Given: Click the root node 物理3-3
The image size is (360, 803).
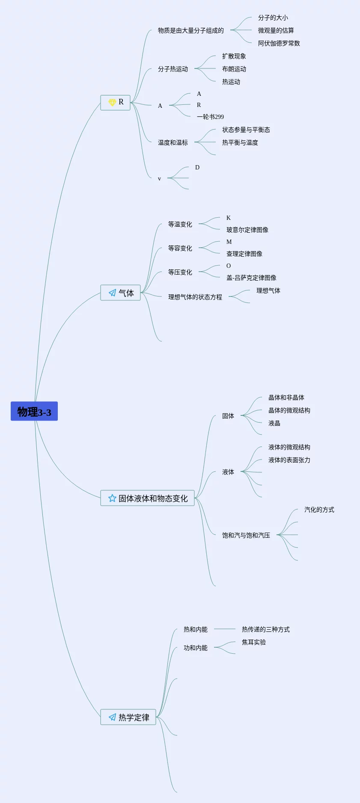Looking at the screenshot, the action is click(34, 412).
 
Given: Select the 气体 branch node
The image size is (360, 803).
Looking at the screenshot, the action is click(121, 293).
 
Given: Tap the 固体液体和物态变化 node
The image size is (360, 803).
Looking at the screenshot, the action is click(148, 498).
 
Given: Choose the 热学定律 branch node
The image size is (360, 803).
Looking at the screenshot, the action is click(128, 717).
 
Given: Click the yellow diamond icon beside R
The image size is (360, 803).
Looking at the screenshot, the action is click(112, 103).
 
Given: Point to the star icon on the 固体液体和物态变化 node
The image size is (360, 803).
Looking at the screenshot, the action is click(112, 498).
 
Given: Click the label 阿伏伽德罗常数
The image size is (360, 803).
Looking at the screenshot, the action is click(279, 43).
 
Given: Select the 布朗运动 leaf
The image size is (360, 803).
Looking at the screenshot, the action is click(234, 69).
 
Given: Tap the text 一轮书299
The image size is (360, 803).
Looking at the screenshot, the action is click(210, 117).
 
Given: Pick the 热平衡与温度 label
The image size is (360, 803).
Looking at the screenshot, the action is click(240, 142).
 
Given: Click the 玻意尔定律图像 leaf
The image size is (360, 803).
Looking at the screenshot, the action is click(247, 230).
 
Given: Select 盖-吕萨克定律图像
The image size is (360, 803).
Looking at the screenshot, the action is click(251, 278).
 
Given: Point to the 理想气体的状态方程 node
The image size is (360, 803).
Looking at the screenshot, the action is click(195, 297).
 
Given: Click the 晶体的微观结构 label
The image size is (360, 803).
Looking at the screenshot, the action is click(289, 410).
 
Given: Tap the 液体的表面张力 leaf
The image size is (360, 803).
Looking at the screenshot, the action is click(289, 460).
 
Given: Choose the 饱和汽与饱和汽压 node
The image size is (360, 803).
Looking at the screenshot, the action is click(246, 535).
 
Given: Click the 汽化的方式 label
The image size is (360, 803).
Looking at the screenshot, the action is click(319, 510).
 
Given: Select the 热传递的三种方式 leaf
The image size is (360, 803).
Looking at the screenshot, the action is click(265, 629).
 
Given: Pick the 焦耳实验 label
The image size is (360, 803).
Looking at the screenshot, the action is click(253, 642).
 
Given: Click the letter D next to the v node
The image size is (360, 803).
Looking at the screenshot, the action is click(197, 167).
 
